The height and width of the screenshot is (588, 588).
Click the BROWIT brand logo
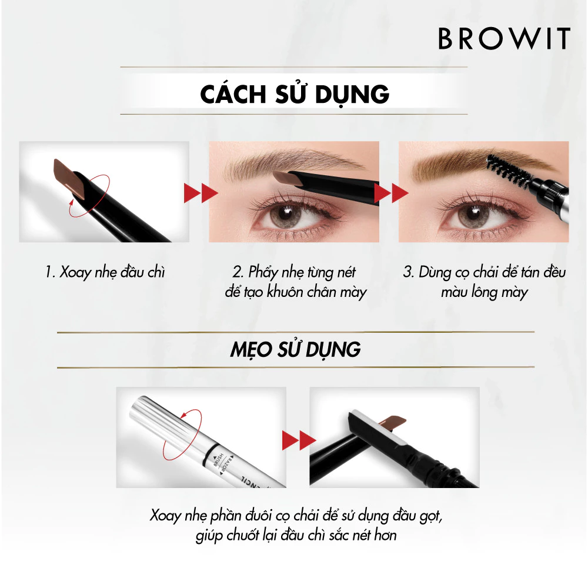tap(504, 38)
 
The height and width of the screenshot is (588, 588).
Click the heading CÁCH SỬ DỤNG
tap(294, 94)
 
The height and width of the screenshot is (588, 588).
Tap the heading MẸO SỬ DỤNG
tap(294, 350)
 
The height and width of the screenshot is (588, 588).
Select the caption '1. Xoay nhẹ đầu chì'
tap(105, 273)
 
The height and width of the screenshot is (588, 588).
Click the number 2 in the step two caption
tap(238, 273)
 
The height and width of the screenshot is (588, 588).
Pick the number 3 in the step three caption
tap(408, 273)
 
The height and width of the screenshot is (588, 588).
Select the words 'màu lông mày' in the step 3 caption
tap(485, 292)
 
